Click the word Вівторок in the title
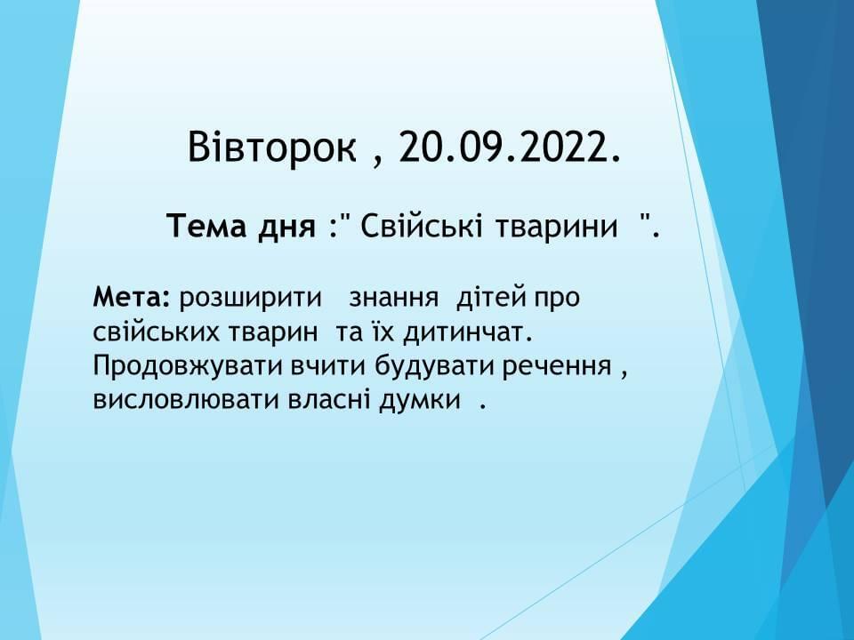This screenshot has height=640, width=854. pos(272,147)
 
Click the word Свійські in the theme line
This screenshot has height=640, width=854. pos(421,225)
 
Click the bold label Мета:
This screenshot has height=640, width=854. pos(132,298)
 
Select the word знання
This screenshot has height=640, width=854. pos(393,299)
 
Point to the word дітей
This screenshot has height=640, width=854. pos(491,298)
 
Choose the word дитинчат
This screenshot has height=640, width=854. pos(467,332)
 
